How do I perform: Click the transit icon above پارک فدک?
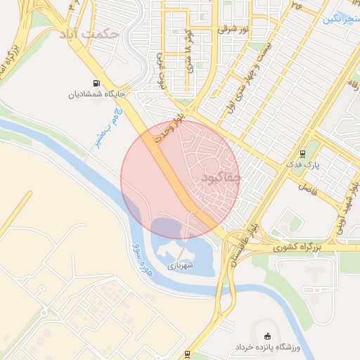[302, 154]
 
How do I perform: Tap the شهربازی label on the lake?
[179, 267]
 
